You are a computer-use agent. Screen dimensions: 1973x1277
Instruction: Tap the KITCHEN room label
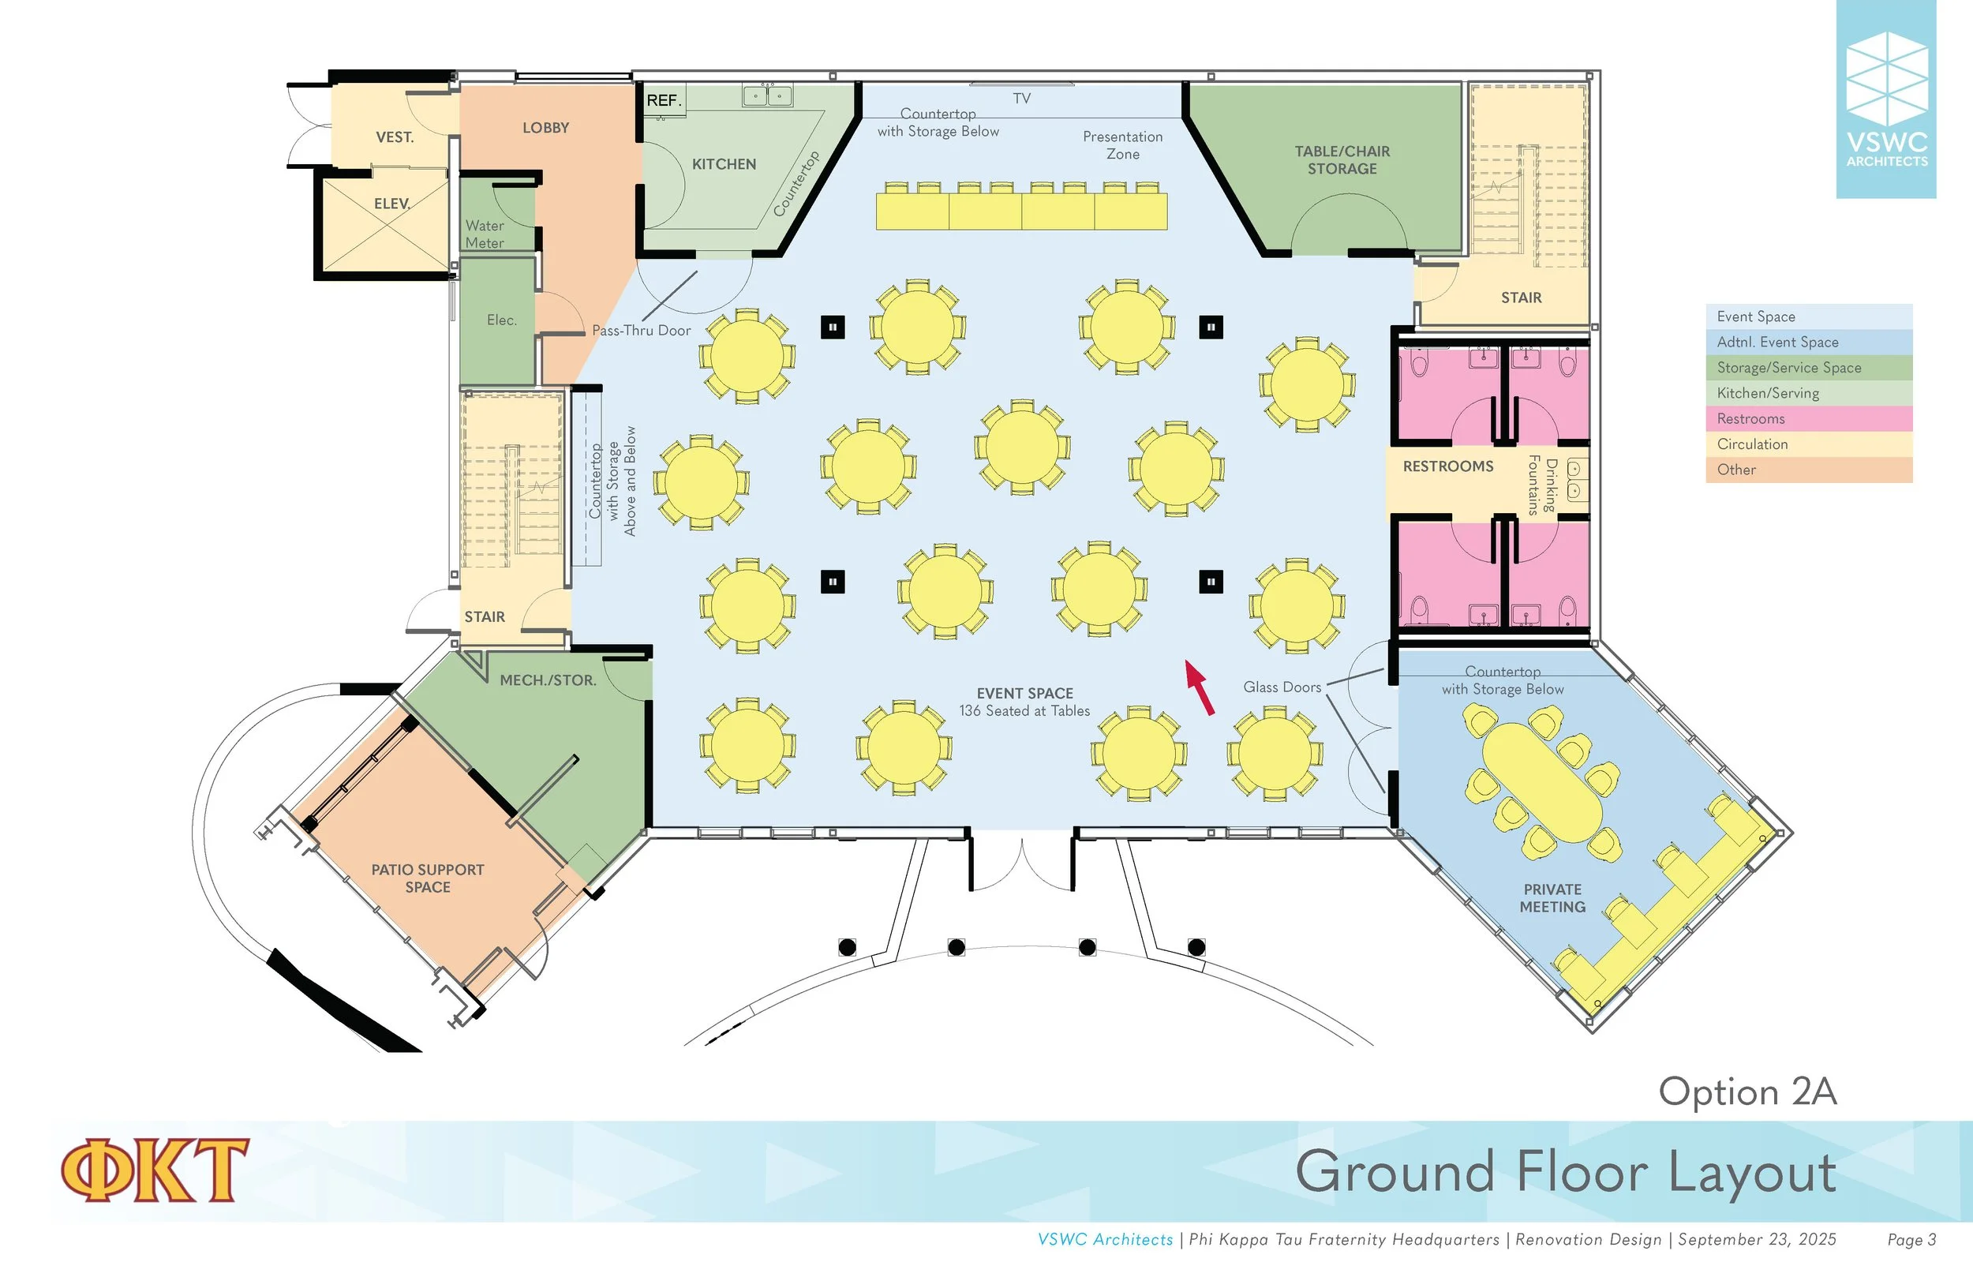click(724, 164)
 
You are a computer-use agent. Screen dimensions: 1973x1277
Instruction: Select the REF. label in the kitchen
click(663, 100)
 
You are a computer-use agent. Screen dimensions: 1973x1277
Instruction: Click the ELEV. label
click(392, 203)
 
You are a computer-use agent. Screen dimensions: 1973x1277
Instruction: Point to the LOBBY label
click(545, 128)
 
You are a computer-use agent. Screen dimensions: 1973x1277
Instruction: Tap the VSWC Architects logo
click(1886, 99)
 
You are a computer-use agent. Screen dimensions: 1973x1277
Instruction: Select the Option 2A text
click(1747, 1092)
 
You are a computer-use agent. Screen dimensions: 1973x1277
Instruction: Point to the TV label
click(1021, 98)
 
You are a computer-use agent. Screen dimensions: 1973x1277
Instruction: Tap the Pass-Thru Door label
click(641, 330)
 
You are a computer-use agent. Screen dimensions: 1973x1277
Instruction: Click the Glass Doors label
click(1282, 687)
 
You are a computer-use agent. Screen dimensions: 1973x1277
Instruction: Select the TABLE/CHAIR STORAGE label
click(1342, 160)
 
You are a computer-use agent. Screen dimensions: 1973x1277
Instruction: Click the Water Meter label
click(485, 234)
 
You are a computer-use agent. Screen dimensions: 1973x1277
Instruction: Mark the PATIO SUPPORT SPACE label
click(428, 878)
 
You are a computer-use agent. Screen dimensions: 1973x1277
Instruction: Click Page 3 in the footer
click(1911, 1240)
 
